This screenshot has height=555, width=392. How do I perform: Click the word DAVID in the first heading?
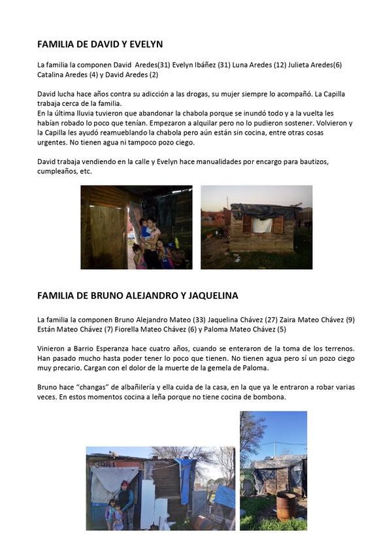101,44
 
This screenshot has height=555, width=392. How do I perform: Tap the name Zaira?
293,319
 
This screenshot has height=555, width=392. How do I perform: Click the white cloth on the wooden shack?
263,225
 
